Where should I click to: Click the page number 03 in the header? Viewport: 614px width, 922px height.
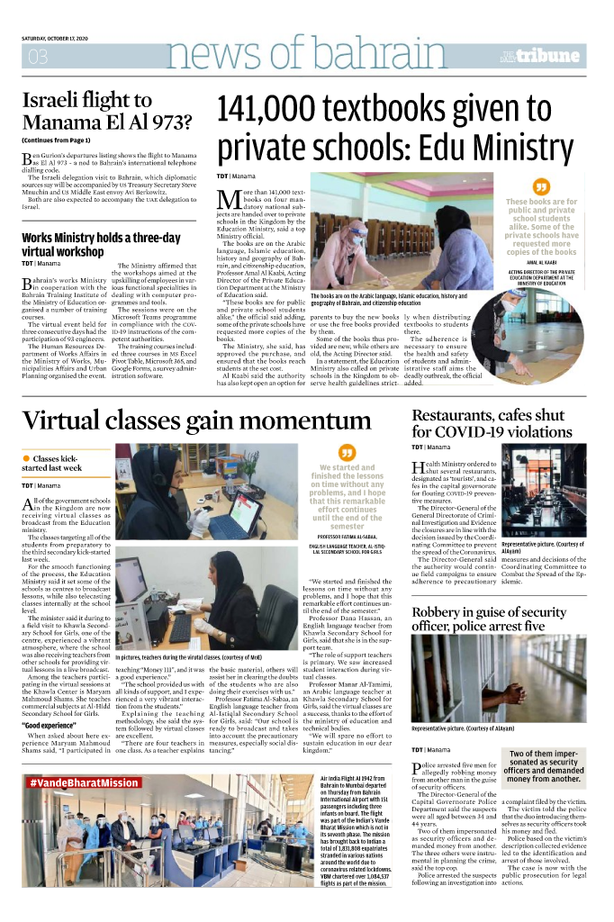[38, 57]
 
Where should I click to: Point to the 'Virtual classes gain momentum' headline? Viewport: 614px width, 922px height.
[198, 420]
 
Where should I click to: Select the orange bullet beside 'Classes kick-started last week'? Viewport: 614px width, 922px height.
[26, 458]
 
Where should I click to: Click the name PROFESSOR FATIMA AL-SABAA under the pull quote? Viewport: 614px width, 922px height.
[347, 535]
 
